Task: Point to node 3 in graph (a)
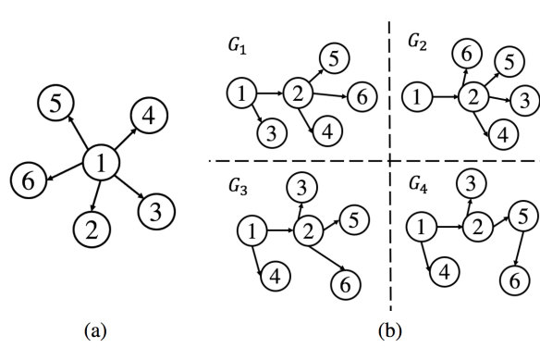[x=155, y=211]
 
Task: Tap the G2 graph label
[x=421, y=42]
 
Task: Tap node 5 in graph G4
[x=520, y=216]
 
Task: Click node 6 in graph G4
[x=510, y=277]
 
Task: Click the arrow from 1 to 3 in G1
[x=255, y=116]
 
